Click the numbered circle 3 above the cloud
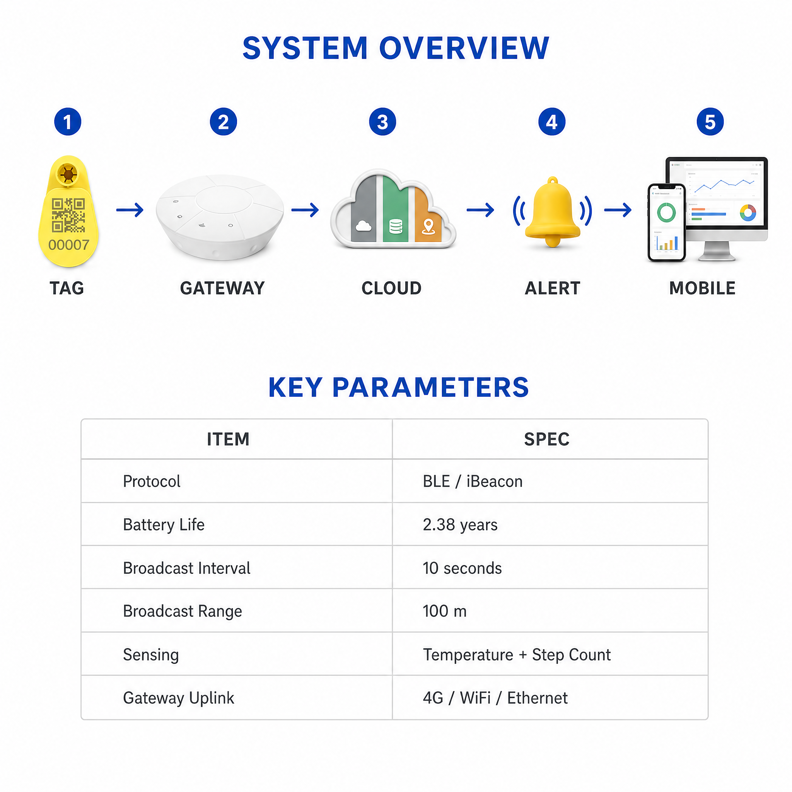tap(382, 122)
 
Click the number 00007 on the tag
tap(68, 245)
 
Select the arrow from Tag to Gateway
tap(130, 210)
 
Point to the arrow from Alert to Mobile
tap(618, 210)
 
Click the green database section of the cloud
tap(396, 209)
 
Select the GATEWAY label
tap(223, 288)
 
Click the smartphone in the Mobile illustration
tap(667, 223)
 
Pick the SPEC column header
tap(546, 439)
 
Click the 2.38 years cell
tap(460, 524)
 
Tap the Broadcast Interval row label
tap(186, 568)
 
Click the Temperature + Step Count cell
tap(517, 655)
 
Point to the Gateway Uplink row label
tap(178, 698)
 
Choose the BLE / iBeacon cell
tap(473, 481)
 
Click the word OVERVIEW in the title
tap(464, 48)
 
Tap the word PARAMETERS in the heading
tap(430, 387)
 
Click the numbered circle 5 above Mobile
tap(710, 122)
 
